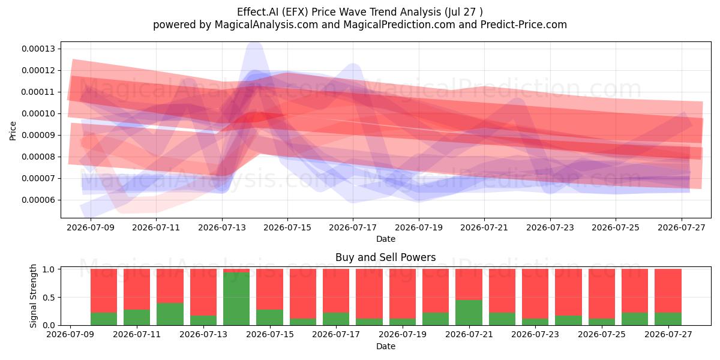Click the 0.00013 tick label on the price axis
[x=38, y=49]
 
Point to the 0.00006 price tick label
[x=38, y=200]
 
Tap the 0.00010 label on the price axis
[x=38, y=114]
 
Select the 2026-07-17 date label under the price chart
[x=353, y=227]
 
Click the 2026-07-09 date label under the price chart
[x=91, y=227]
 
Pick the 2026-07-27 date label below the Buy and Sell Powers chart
[x=668, y=334]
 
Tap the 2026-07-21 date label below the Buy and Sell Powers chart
[x=469, y=334]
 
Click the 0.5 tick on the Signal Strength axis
[x=49, y=298]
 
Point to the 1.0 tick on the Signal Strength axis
[x=49, y=269]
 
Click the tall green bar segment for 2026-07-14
[x=236, y=299]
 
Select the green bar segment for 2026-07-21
[x=469, y=313]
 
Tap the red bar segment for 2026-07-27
[x=668, y=290]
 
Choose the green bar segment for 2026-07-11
[x=137, y=317]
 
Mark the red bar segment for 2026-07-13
[x=203, y=292]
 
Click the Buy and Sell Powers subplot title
[x=385, y=257]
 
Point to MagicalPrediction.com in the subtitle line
[x=399, y=25]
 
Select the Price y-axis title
[x=13, y=131]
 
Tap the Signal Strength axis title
[x=33, y=296]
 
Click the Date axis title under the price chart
[x=385, y=239]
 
